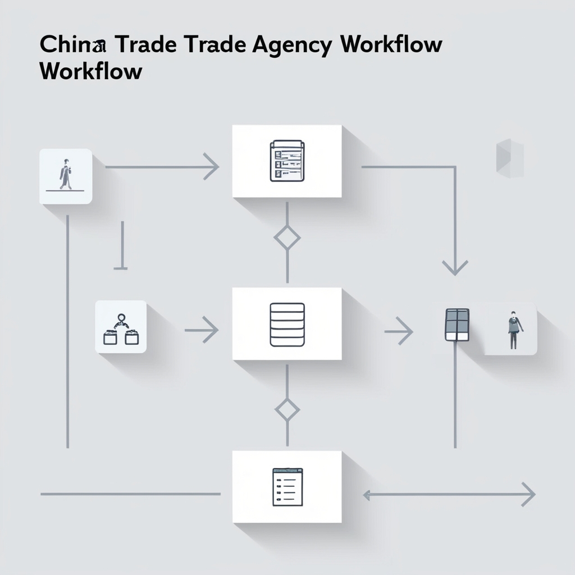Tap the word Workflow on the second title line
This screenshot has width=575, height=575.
click(91, 72)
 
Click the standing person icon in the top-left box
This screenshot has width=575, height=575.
click(66, 175)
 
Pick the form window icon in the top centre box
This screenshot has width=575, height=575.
click(287, 161)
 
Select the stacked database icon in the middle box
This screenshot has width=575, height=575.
click(287, 324)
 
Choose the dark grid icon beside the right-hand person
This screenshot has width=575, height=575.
click(457, 325)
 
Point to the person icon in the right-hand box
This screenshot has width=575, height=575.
click(513, 330)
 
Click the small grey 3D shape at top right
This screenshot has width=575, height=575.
click(509, 158)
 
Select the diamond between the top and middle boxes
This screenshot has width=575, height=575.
click(287, 238)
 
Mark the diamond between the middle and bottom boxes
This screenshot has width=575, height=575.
click(287, 410)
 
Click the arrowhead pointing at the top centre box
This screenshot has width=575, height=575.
click(212, 167)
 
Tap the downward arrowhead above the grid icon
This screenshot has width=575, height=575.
click(454, 267)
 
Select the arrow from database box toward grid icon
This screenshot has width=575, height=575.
click(399, 331)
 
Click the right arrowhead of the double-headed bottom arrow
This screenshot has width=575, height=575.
click(528, 495)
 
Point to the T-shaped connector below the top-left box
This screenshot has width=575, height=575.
click(121, 247)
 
